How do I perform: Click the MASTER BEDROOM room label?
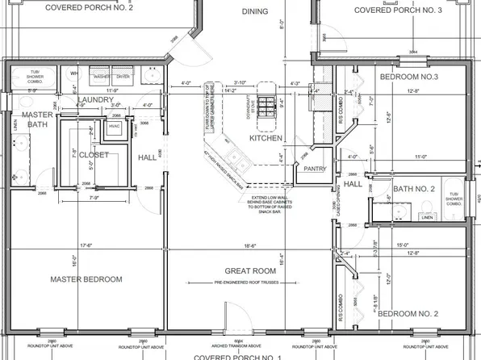86,279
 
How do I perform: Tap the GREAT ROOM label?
253,271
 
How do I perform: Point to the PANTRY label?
312,170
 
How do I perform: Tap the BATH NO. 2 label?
413,190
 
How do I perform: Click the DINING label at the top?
255,11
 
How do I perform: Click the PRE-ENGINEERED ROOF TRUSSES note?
253,283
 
